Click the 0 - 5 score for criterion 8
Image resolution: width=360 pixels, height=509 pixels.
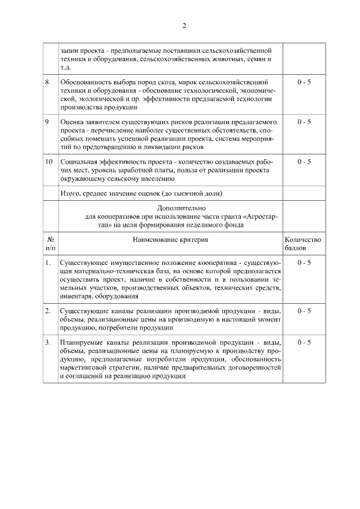coord(304,82)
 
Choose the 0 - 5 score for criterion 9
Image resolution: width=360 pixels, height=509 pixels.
coord(304,121)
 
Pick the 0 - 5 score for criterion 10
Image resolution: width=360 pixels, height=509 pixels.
coord(304,161)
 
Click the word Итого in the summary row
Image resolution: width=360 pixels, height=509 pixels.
coord(70,193)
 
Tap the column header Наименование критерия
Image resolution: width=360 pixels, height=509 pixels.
coord(170,240)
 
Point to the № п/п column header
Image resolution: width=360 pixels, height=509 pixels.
coord(50,244)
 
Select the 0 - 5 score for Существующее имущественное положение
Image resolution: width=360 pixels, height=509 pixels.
coord(304,263)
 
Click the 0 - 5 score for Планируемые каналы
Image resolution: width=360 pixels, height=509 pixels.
coord(304,343)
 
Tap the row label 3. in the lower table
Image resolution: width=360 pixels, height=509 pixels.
coord(48,343)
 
